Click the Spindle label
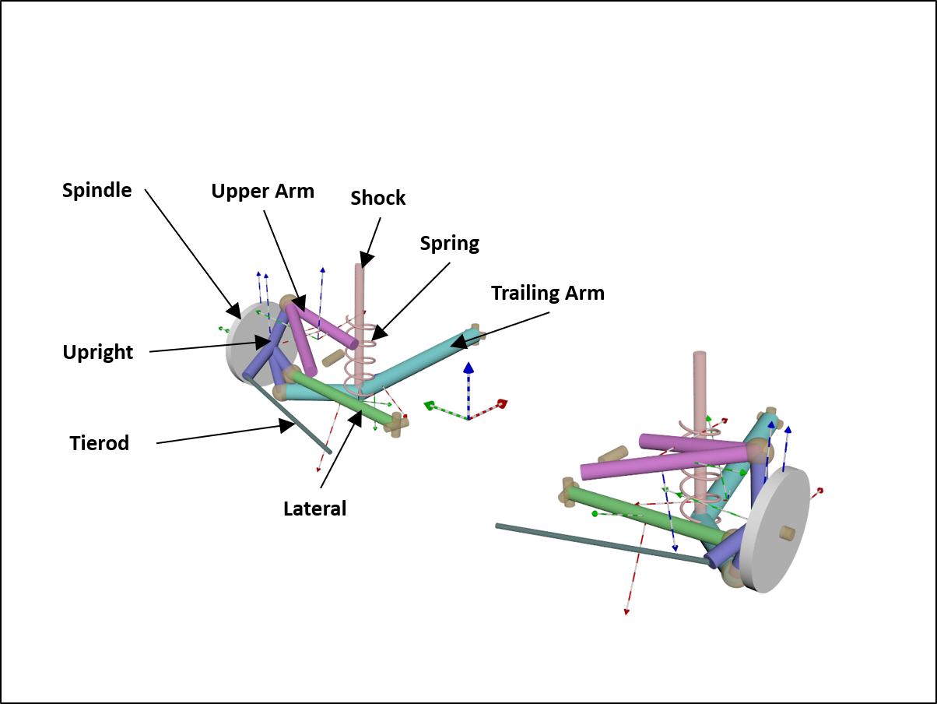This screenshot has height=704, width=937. tap(97, 190)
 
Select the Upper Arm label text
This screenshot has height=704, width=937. tap(262, 192)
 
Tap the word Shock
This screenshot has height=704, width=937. tap(378, 198)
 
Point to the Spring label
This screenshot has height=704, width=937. tap(449, 243)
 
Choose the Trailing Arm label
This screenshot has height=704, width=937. tap(547, 293)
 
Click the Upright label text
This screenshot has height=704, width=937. tap(98, 352)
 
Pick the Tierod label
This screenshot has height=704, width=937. tap(99, 443)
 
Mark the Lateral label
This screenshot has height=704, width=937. tap(314, 509)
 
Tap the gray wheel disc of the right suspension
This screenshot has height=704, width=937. tap(770, 530)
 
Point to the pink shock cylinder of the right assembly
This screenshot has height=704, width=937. tap(700, 389)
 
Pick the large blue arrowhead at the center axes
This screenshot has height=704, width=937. tap(468, 368)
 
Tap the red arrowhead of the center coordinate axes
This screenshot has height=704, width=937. tap(503, 403)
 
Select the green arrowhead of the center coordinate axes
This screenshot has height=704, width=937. tap(429, 405)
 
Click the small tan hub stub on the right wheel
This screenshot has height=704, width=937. tap(787, 533)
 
